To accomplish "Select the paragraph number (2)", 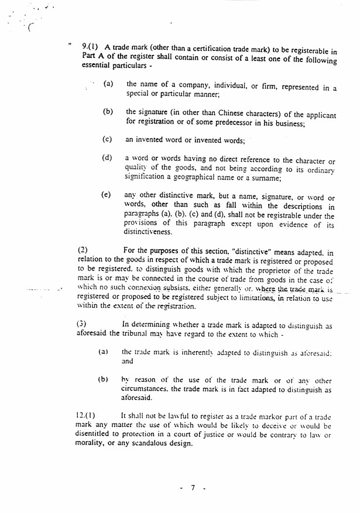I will tap(83, 250).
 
